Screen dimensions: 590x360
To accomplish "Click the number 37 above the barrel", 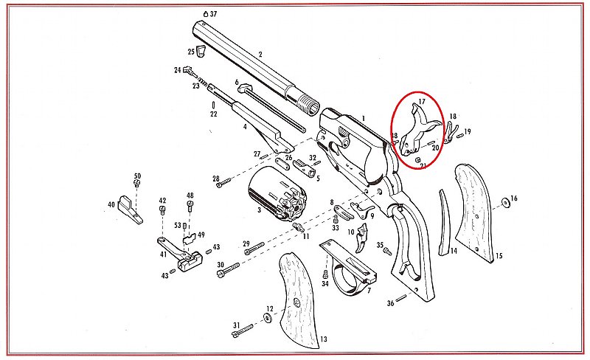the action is click(x=213, y=14).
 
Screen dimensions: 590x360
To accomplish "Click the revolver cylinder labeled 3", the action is click(x=278, y=193).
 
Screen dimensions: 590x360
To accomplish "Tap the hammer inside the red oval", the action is click(x=418, y=131).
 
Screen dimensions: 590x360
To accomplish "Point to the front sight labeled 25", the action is click(x=201, y=51).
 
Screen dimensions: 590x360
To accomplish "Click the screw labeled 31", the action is click(x=243, y=331).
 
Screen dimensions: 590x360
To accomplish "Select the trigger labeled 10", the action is click(x=362, y=238).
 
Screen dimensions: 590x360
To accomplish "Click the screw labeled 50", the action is click(x=137, y=183).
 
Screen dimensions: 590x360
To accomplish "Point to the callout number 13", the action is click(x=323, y=339).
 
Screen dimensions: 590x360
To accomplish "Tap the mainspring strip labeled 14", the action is click(x=445, y=223).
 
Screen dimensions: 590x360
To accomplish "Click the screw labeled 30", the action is click(x=228, y=270).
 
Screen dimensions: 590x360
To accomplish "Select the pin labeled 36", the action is click(x=401, y=298).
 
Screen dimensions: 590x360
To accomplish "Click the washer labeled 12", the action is click(x=268, y=318).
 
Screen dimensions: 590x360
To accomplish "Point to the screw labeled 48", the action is click(x=190, y=206).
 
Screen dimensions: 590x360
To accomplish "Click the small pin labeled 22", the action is click(x=214, y=105).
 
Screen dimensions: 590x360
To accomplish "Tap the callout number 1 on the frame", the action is click(x=364, y=119).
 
